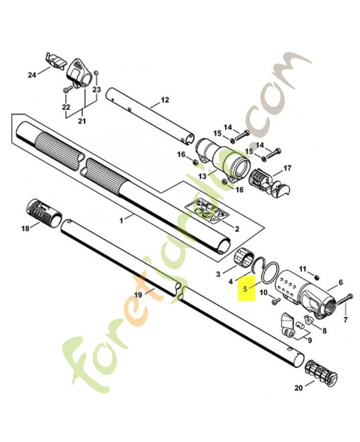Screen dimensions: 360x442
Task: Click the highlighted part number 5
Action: (245, 289)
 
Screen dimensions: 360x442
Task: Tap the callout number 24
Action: (32, 75)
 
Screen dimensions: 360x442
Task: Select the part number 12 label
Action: (165, 100)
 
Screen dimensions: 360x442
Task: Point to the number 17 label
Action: (287, 169)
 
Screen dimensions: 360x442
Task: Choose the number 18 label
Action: (25, 228)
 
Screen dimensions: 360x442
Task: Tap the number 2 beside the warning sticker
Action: (237, 229)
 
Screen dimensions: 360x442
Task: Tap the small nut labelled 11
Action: (316, 277)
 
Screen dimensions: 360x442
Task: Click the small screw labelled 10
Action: (275, 301)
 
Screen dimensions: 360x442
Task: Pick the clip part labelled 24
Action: (55, 60)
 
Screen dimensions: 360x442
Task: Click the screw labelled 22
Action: (66, 90)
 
